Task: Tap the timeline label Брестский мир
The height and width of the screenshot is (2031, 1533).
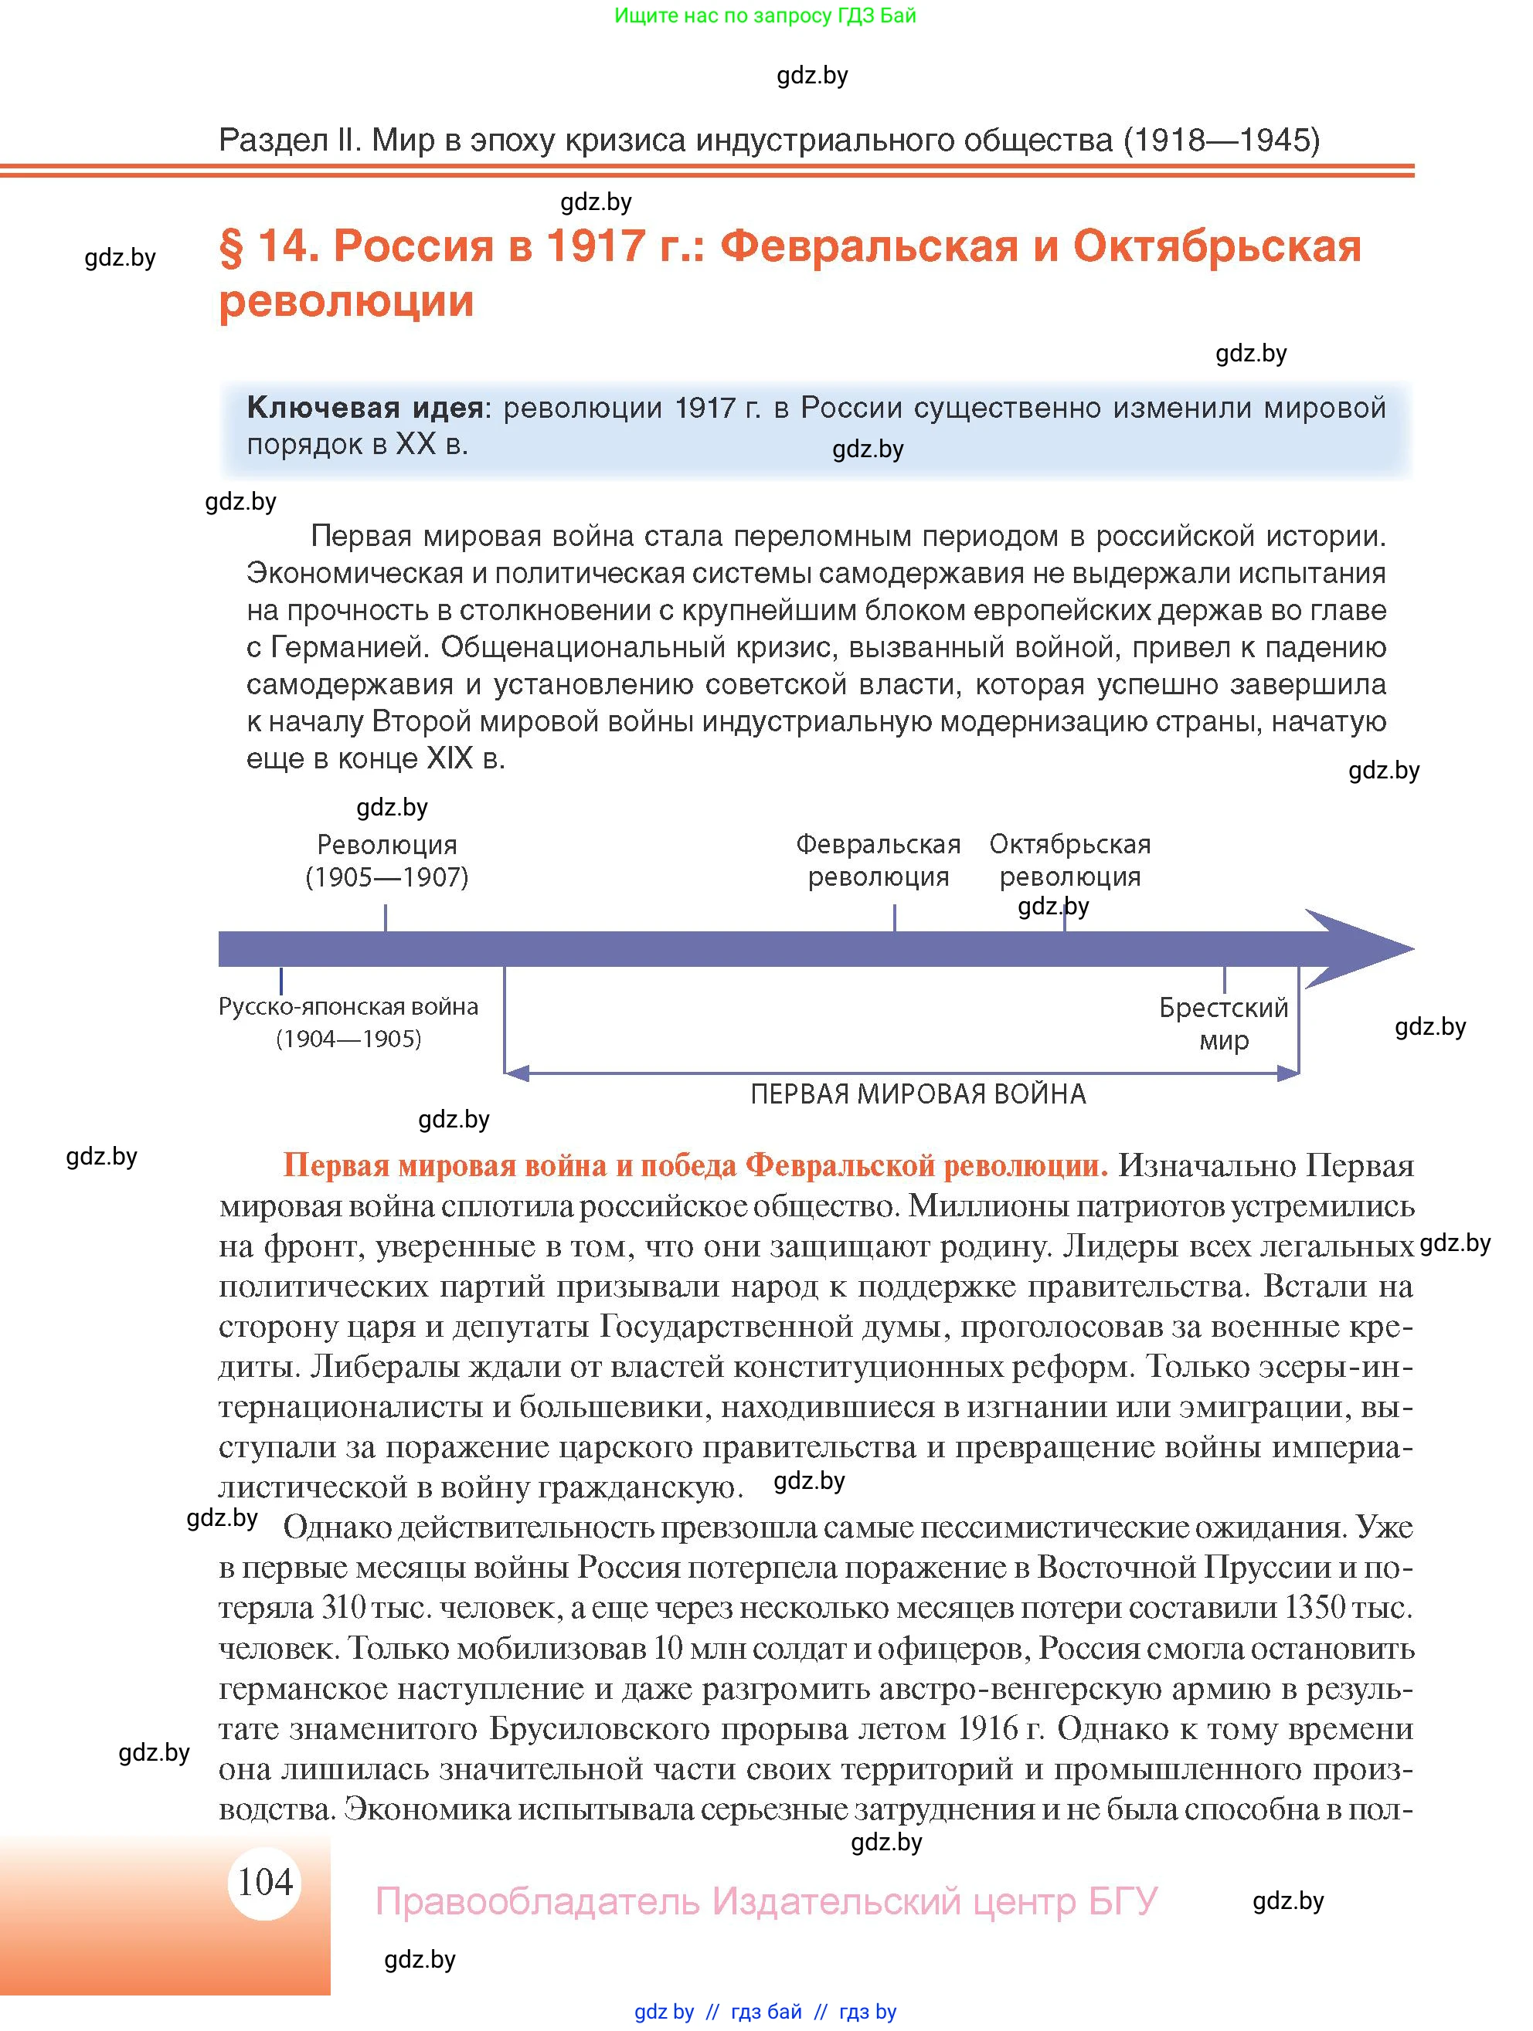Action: (x=1223, y=1024)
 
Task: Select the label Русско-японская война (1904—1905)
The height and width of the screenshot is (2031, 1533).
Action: (x=348, y=1022)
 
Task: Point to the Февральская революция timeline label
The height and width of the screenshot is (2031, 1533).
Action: (x=878, y=860)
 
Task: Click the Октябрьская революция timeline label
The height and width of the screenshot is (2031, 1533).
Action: (x=1070, y=860)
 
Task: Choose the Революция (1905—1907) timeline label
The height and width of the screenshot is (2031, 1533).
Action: (x=386, y=860)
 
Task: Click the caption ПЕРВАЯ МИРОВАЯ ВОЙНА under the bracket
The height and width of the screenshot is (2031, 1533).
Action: (x=918, y=1094)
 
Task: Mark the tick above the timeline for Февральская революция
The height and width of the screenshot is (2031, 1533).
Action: (x=895, y=917)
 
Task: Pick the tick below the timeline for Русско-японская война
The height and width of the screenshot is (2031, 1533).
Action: (x=281, y=981)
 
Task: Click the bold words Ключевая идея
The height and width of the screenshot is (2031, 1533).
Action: (x=365, y=408)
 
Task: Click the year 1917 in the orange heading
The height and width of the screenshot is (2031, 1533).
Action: (x=594, y=246)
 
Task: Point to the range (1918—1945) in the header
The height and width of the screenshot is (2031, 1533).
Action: (x=1221, y=140)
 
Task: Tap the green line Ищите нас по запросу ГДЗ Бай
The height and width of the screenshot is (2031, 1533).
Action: (x=765, y=15)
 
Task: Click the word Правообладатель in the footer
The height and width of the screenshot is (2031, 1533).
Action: (x=537, y=1901)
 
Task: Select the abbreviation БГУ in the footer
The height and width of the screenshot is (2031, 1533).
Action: (x=1123, y=1901)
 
